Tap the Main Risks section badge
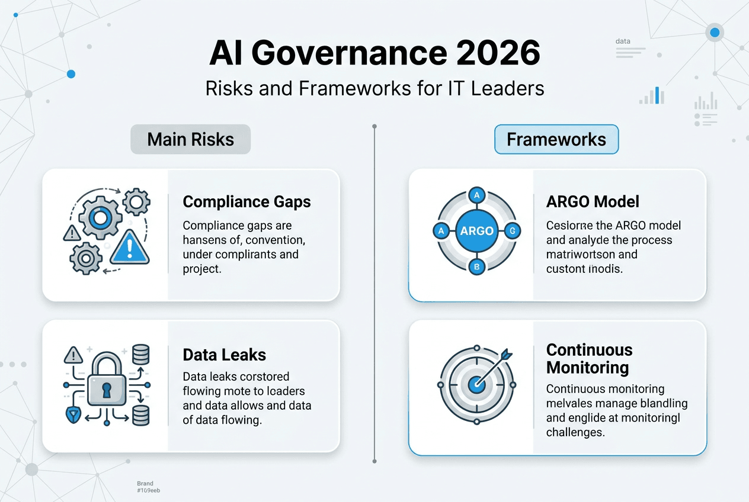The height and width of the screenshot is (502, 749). click(190, 140)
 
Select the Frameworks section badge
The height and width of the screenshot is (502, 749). click(556, 140)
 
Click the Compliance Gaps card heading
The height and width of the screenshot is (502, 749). click(247, 202)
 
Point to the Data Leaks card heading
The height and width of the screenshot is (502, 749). click(224, 355)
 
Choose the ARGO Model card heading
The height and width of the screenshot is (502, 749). click(593, 202)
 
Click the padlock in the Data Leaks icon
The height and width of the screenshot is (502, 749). click(106, 388)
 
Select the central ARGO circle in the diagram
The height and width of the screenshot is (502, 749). click(477, 231)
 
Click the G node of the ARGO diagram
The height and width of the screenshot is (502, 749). click(513, 231)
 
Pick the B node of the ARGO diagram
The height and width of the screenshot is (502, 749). click(477, 267)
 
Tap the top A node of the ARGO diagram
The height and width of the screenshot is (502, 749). click(477, 195)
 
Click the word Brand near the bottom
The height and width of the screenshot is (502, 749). click(145, 484)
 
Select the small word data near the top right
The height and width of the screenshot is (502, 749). click(623, 41)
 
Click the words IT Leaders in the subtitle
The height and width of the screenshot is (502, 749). click(493, 88)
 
